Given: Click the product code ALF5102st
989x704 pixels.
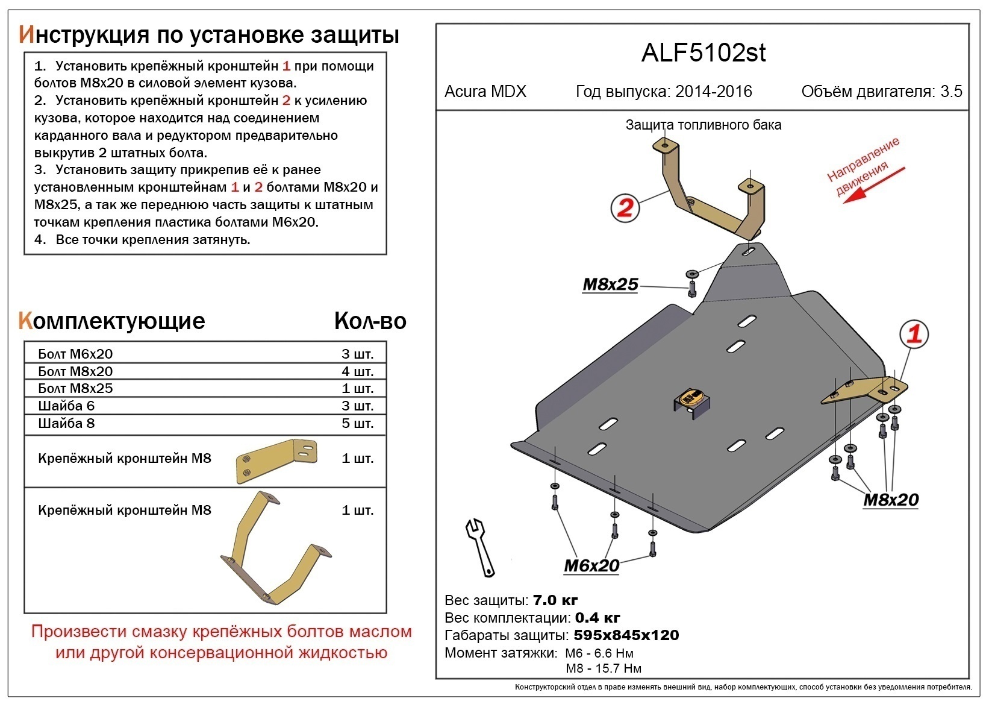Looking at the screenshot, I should (x=703, y=53).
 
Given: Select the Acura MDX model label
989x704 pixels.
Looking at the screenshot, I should (x=485, y=92).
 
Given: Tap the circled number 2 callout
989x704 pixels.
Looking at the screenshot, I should (x=625, y=207).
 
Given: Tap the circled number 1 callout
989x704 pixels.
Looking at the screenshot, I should (x=914, y=333).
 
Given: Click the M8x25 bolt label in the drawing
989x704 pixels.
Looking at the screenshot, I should (x=610, y=284).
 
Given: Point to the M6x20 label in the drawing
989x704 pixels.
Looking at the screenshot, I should (x=591, y=565).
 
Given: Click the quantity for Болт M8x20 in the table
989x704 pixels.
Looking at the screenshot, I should (x=357, y=371).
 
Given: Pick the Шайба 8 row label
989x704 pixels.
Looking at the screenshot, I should (x=66, y=423).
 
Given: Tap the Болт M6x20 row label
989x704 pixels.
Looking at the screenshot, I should (x=75, y=354).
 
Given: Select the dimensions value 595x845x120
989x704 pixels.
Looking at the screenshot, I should (x=626, y=635).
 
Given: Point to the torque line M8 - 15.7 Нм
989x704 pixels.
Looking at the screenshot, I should (x=604, y=668).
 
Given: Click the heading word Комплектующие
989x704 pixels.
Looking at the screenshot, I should (x=111, y=321).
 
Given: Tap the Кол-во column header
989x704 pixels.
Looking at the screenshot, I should (x=370, y=321).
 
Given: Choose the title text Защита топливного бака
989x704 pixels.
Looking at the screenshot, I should (x=703, y=125).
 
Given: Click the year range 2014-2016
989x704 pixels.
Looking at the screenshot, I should (x=714, y=92).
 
